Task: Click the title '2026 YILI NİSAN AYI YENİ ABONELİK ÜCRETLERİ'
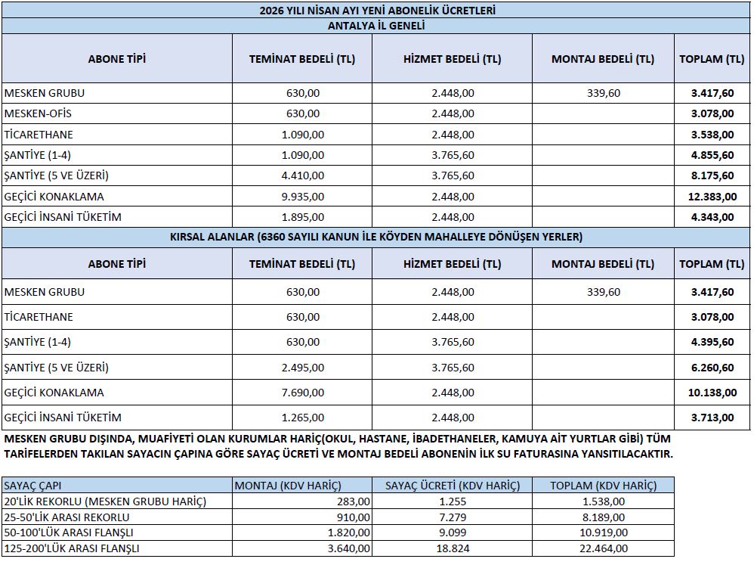377,11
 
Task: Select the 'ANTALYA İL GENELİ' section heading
377,26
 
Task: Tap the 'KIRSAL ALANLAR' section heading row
377,237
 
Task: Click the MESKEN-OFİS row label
39,113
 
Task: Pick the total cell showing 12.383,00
712,197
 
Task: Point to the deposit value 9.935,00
302,197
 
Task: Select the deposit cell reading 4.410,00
302,175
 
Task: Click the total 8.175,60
712,175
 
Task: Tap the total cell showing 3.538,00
712,135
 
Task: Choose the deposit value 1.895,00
302,217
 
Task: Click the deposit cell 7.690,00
302,393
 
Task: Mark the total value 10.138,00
712,393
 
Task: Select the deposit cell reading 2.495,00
302,368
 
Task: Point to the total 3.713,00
712,418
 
